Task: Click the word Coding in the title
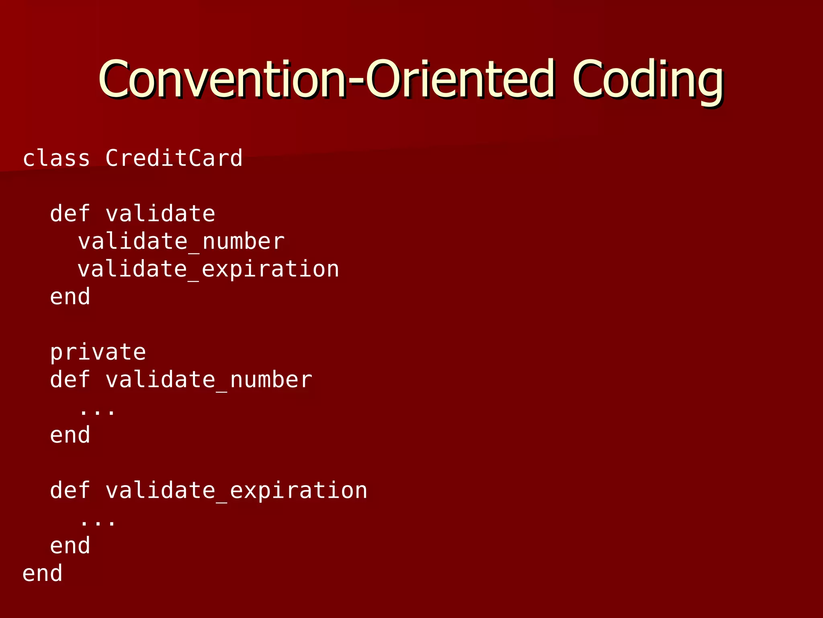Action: point(648,79)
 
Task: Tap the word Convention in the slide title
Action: point(222,79)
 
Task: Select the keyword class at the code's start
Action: point(56,158)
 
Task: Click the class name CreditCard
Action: point(174,158)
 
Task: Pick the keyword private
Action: point(98,352)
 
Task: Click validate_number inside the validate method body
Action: point(181,242)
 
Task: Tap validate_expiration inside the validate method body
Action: point(208,269)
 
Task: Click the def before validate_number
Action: point(70,380)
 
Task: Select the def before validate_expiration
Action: point(70,490)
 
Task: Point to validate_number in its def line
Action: point(209,380)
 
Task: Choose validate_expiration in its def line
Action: point(236,490)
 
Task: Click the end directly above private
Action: point(70,297)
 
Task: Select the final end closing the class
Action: point(43,573)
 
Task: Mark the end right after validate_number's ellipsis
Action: point(70,435)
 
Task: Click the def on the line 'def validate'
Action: point(70,214)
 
